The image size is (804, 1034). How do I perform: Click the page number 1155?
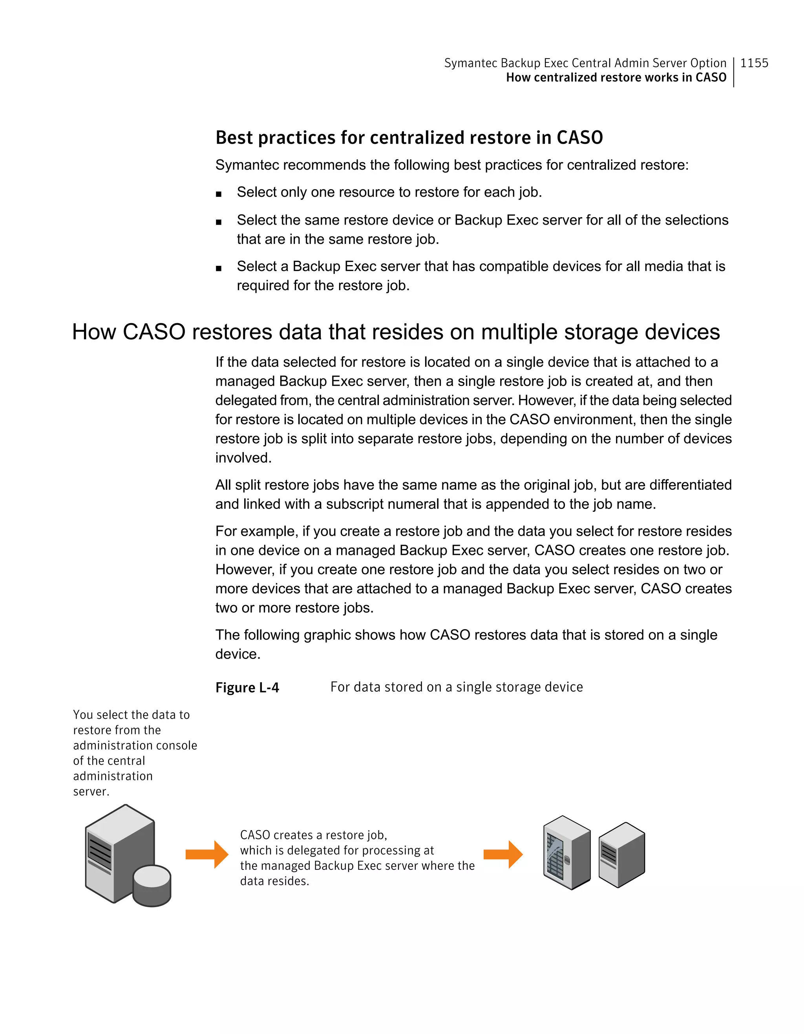pyautogui.click(x=754, y=63)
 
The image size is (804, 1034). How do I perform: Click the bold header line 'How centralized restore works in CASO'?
pyautogui.click(x=616, y=78)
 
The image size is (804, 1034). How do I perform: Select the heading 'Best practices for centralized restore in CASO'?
pyautogui.click(x=409, y=138)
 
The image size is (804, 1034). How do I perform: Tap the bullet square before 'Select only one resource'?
pyautogui.click(x=219, y=194)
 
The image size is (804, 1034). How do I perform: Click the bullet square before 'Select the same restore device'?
pyautogui.click(x=219, y=221)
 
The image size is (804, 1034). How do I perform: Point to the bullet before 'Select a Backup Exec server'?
pyautogui.click(x=219, y=268)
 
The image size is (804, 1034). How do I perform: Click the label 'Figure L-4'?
pyautogui.click(x=247, y=688)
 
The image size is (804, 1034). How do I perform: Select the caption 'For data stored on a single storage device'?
pyautogui.click(x=456, y=687)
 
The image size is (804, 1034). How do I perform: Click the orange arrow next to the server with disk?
pyautogui.click(x=207, y=854)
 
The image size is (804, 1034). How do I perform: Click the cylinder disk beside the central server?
pyautogui.click(x=152, y=885)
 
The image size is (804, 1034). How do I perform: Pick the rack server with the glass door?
pyautogui.click(x=566, y=852)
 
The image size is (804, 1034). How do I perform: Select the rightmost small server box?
pyautogui.click(x=621, y=855)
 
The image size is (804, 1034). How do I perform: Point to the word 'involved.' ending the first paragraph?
pyautogui.click(x=243, y=458)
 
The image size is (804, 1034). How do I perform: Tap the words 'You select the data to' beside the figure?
pyautogui.click(x=131, y=715)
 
